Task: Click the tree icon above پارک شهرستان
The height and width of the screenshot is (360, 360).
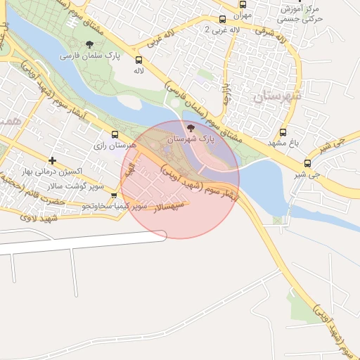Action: (x=192, y=127)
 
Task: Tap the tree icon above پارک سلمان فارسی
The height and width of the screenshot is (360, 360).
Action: (x=89, y=44)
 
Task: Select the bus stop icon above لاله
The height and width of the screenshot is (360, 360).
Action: (x=139, y=60)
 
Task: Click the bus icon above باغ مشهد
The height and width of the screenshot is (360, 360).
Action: (x=283, y=132)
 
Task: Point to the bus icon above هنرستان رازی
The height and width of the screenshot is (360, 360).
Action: (x=115, y=134)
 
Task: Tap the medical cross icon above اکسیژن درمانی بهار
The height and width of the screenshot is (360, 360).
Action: (x=52, y=161)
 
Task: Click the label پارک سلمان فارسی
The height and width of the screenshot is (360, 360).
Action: (x=90, y=55)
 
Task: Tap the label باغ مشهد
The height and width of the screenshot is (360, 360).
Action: (x=283, y=143)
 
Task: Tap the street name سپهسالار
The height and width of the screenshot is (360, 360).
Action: (x=169, y=206)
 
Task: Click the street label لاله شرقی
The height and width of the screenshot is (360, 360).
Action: (x=271, y=32)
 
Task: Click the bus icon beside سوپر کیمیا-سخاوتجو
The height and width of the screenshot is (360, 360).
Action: (x=114, y=195)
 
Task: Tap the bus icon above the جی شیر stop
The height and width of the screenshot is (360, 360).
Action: (x=307, y=163)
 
